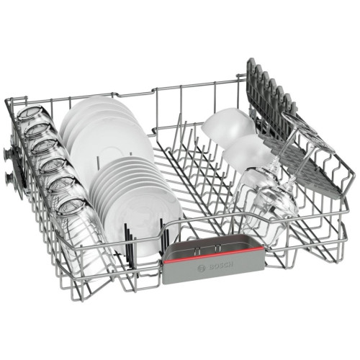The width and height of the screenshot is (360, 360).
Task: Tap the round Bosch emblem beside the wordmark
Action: pos(201,269)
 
